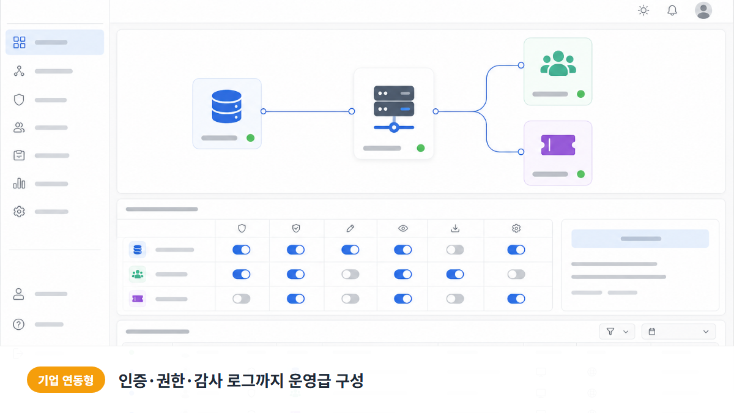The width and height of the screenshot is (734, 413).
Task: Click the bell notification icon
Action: (672, 10)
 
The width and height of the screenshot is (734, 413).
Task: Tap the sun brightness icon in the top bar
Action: (643, 10)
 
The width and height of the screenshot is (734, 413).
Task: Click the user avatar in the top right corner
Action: (703, 10)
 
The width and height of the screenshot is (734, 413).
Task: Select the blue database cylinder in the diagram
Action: (227, 106)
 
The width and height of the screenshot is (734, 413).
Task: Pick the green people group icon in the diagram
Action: (558, 63)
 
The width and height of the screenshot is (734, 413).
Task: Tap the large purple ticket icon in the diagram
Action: (558, 145)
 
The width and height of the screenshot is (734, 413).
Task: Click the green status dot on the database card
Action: (250, 138)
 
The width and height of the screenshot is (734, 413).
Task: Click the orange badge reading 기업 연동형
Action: (66, 380)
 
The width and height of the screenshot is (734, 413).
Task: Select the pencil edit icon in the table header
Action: (350, 228)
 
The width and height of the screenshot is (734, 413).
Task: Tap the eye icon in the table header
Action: (403, 228)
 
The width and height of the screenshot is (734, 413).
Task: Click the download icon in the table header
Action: (455, 228)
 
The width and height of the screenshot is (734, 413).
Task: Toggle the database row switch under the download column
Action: (455, 250)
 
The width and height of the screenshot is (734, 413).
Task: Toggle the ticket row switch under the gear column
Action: (516, 299)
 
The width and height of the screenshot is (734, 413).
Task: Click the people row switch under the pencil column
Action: (350, 274)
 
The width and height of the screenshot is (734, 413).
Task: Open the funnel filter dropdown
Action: (617, 332)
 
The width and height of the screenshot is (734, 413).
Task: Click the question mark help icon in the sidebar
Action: (19, 324)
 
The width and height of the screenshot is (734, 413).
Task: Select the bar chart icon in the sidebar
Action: (19, 183)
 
